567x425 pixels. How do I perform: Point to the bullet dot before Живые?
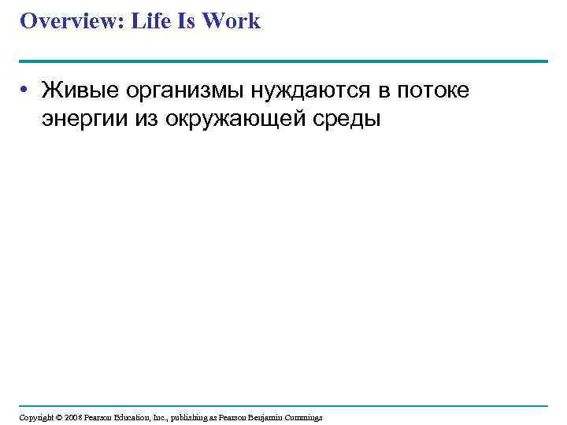(x=27, y=92)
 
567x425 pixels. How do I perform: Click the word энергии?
(x=81, y=120)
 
